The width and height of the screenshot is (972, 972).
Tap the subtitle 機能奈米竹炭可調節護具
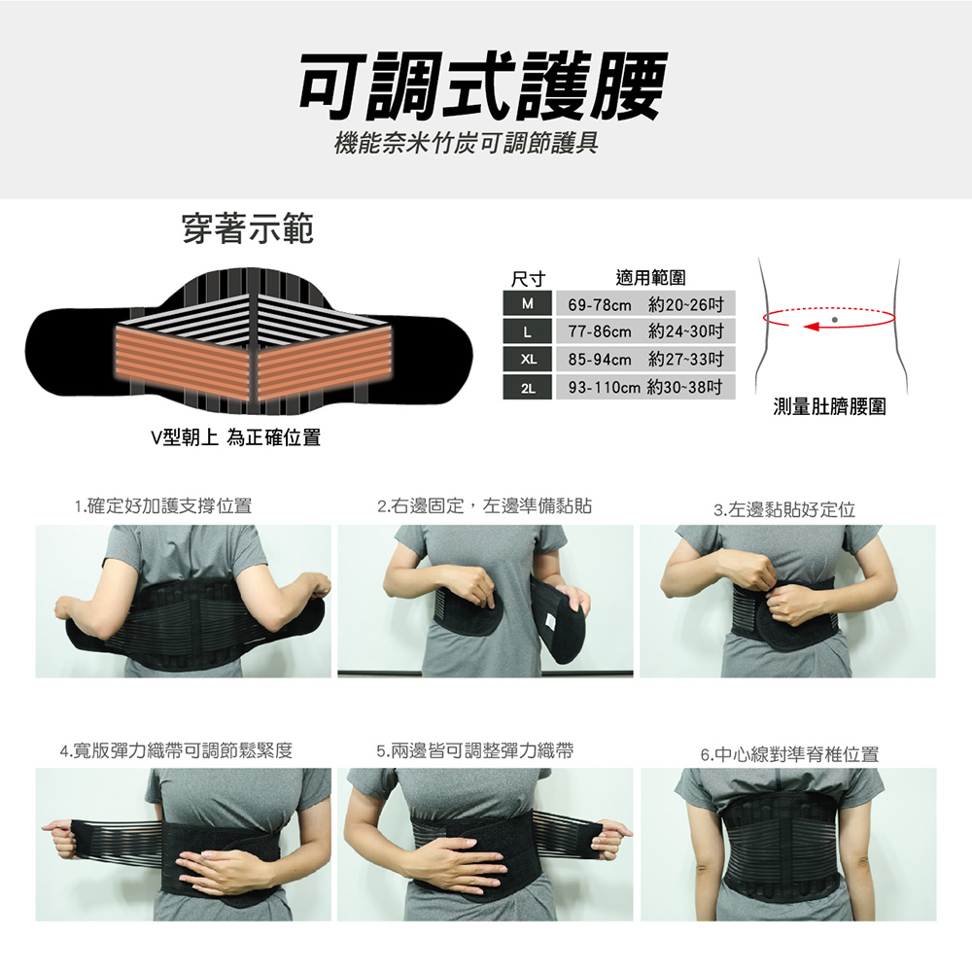point(467,144)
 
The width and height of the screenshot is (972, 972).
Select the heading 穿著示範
point(248,228)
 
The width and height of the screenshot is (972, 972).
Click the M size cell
point(527,303)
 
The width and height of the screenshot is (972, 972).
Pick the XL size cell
point(527,360)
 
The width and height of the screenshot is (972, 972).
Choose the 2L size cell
point(527,388)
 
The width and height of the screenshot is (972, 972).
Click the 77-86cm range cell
point(645,331)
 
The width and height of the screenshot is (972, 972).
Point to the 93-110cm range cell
point(645,388)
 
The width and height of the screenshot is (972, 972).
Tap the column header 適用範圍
point(651,278)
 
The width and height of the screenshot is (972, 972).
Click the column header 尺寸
point(528,279)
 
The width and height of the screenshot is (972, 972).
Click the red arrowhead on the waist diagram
point(812,326)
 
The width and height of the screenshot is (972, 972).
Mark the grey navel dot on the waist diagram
point(834,320)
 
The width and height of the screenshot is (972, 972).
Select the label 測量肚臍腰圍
point(829,406)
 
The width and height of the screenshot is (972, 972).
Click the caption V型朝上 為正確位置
point(236,437)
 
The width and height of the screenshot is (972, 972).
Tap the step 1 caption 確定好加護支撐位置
point(163,506)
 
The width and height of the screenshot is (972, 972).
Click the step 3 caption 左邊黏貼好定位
point(784,510)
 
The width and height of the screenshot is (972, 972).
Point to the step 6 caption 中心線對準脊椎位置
point(789,754)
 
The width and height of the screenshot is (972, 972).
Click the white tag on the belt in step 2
point(549,622)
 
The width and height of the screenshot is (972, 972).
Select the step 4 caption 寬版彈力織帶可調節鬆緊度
point(176,750)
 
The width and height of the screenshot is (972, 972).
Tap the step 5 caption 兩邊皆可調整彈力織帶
point(475,751)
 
